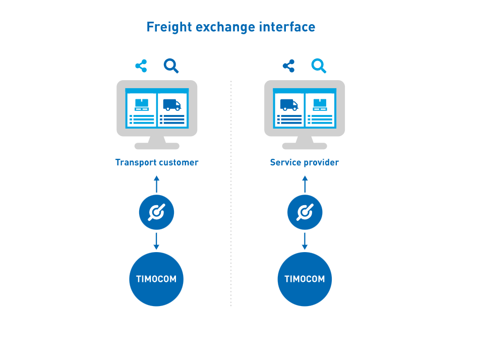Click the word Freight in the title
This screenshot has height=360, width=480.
coord(169,27)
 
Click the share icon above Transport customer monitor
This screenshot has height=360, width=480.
coord(141,66)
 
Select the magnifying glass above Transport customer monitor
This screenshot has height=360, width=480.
coord(171,66)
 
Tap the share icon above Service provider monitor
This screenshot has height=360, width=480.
coord(289,66)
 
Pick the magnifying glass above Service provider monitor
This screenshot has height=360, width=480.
coord(319,66)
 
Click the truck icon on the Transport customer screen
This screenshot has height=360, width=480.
coord(172,105)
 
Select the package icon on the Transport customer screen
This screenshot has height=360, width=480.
coord(142,105)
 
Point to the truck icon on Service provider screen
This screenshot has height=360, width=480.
coord(289,105)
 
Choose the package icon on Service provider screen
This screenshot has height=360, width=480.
coord(320,105)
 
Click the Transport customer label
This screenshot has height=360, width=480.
coord(157,162)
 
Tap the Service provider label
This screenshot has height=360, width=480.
coord(305,162)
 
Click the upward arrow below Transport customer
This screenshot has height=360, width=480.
coord(156,184)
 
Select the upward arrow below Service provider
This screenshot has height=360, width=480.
coord(305,184)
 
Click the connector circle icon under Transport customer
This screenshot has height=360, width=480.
coord(156,212)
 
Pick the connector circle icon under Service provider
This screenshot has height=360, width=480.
coord(305,212)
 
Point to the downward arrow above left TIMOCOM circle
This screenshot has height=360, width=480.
coord(156,241)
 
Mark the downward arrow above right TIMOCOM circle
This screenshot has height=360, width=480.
coord(305,241)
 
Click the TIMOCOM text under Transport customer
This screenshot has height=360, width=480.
coord(156,279)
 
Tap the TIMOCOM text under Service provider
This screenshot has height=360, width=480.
coord(305,279)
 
